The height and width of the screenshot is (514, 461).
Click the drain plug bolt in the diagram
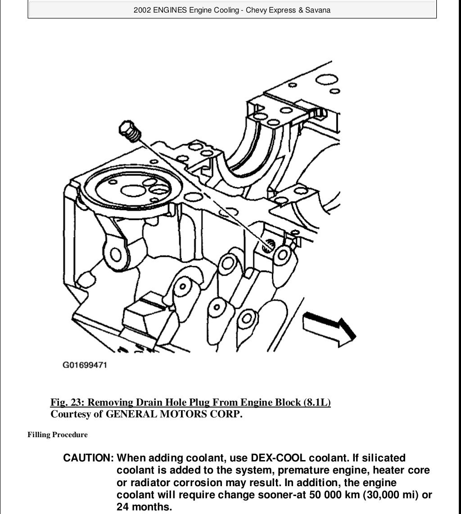[130, 131]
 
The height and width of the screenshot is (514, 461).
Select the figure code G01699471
[84, 365]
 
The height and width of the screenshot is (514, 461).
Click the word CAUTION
[88, 458]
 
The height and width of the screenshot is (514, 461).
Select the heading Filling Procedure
[58, 434]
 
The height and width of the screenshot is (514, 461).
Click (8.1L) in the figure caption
[317, 402]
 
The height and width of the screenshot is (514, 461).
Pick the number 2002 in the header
[142, 10]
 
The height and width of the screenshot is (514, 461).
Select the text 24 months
[144, 507]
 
